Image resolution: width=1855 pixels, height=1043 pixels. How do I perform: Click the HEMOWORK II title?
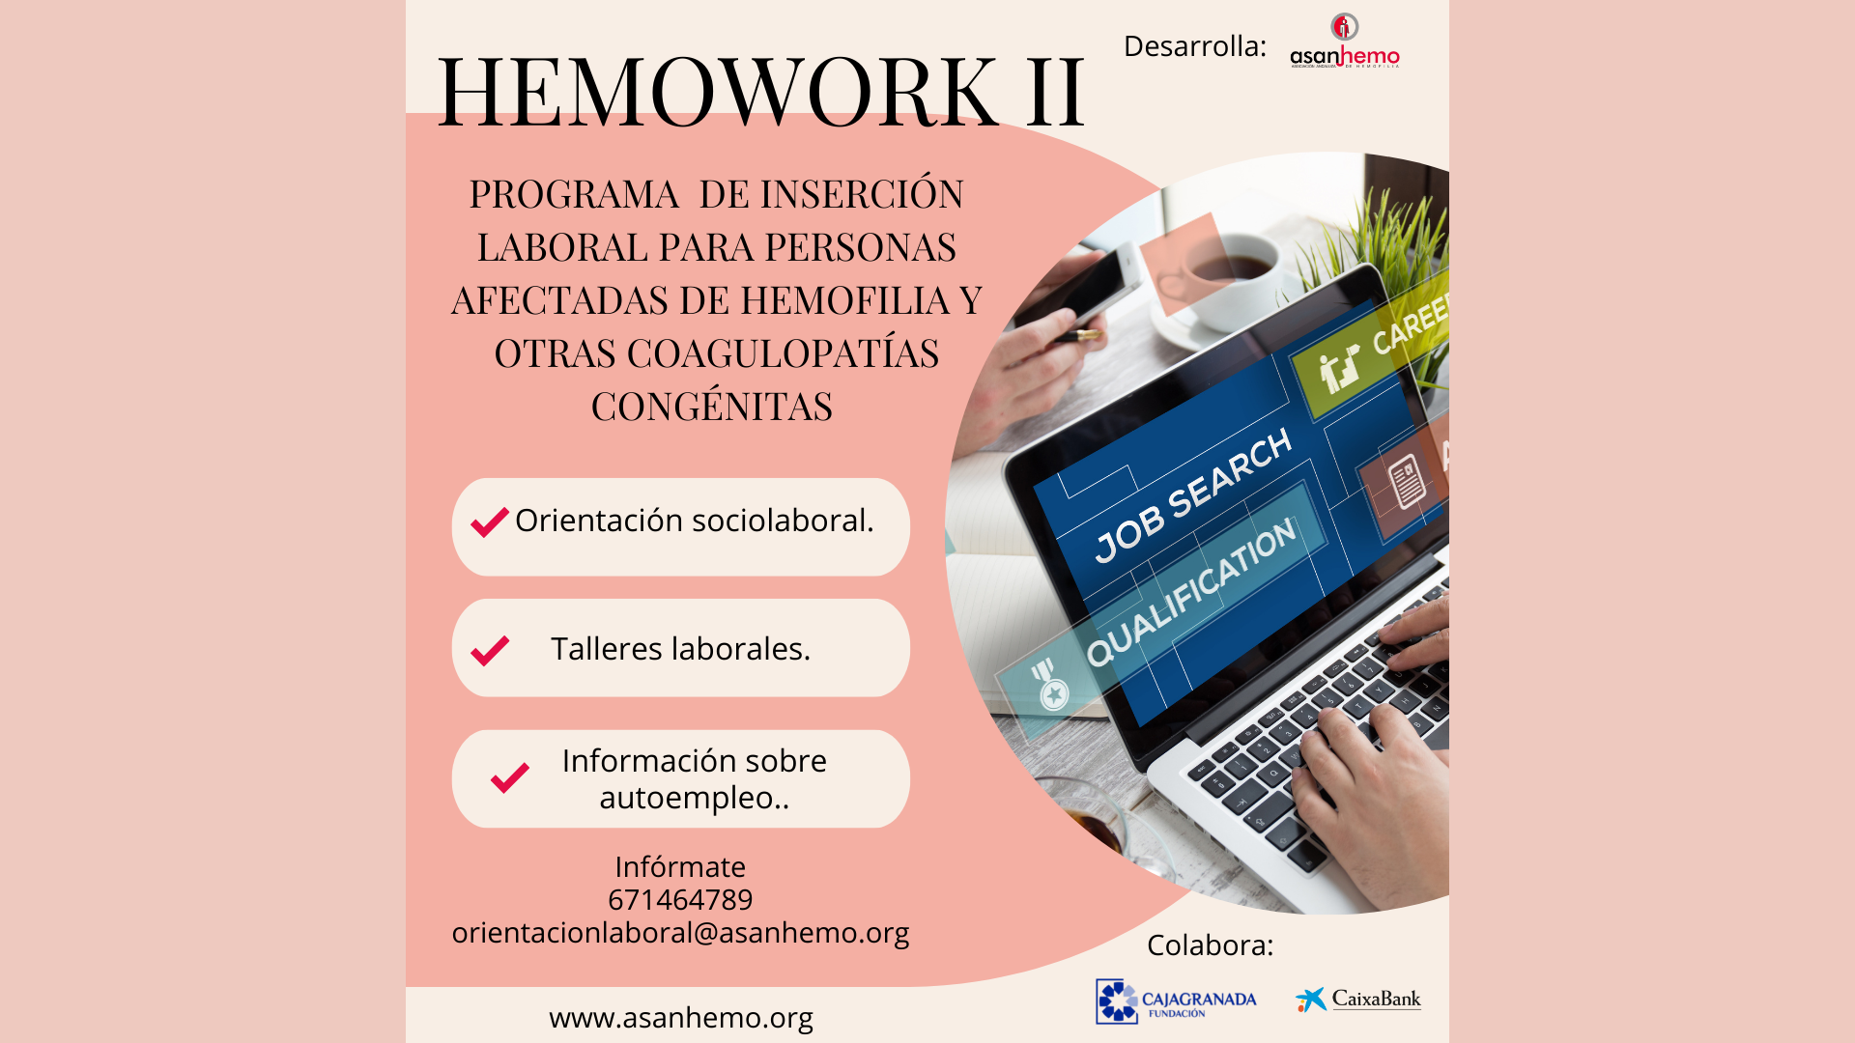760,91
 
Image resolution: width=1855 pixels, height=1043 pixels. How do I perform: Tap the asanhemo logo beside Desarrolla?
1344,43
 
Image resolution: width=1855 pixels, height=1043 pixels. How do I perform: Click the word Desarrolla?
1194,46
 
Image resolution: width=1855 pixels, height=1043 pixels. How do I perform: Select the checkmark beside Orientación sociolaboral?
490,522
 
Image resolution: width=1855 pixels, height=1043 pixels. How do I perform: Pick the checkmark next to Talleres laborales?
490,650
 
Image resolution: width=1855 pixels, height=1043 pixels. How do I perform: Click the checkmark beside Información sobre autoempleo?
509,777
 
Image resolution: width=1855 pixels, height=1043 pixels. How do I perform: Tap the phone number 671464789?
680,900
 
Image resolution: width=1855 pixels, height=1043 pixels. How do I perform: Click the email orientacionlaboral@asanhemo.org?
680,933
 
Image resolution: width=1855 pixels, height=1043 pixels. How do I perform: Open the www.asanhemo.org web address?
680,1018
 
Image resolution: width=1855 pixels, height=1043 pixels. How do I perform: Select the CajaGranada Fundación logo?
1176,1001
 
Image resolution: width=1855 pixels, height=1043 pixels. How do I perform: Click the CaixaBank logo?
1357,1000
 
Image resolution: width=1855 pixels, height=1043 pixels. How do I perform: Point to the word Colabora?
1210,945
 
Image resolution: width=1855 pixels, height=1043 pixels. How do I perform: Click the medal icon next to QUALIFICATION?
1050,687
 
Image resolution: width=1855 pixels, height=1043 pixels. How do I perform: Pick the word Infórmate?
680,867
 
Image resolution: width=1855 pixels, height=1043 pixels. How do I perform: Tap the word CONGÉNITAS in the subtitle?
712,408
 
